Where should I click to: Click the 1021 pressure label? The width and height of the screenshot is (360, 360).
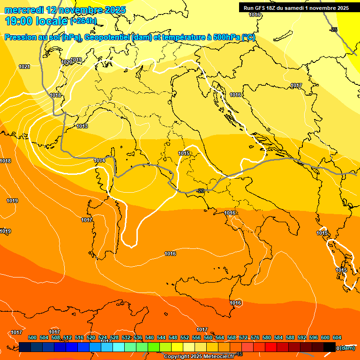24,67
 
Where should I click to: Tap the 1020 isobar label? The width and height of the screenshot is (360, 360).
67,62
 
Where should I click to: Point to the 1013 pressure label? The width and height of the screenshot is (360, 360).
82,126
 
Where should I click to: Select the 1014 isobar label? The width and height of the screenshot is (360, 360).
99,160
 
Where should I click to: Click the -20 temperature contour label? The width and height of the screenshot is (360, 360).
201,191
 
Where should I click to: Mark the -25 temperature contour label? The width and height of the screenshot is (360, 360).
333,30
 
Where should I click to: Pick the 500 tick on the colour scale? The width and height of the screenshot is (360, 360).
32,337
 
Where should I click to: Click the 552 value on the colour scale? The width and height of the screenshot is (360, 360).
185,337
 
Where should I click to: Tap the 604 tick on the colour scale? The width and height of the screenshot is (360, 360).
337,337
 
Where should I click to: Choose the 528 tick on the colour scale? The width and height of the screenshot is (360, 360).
114,337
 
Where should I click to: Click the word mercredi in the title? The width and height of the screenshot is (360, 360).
24,10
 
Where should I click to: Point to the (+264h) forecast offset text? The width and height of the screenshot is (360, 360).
83,21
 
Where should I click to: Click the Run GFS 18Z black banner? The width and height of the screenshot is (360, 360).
296,8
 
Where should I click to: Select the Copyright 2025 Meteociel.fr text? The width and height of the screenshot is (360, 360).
199,357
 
